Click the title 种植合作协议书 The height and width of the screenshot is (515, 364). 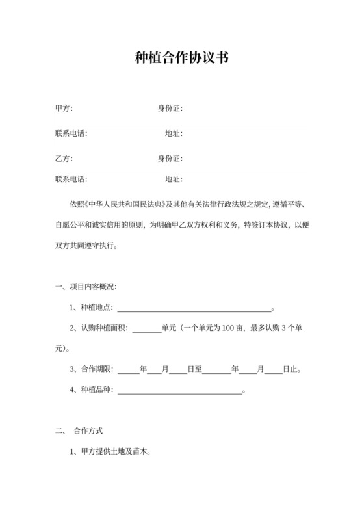tap(181, 57)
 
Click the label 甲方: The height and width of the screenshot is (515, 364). tap(64, 108)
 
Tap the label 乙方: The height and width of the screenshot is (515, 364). tap(64, 158)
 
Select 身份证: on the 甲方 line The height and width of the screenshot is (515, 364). tap(170, 108)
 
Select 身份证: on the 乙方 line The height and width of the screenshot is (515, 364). tap(170, 158)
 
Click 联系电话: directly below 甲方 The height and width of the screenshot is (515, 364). tap(71, 133)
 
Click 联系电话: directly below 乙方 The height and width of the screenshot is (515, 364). tap(71, 179)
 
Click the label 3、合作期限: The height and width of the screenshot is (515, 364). tap(91, 369)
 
